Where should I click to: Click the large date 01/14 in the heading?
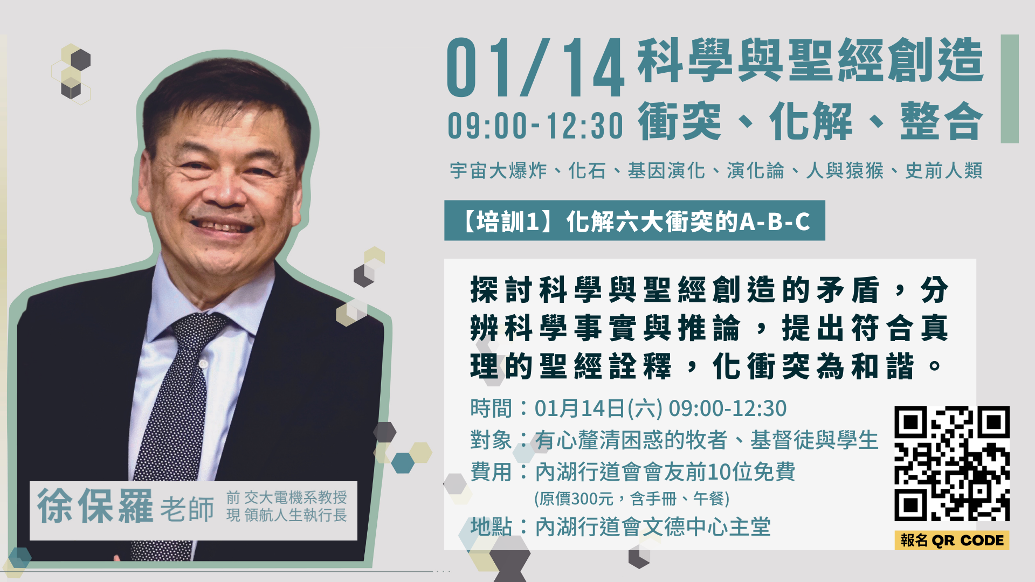click(x=535, y=68)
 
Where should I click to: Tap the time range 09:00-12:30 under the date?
click(x=535, y=125)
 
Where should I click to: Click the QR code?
click(x=952, y=463)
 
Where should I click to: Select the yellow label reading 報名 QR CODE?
click(x=952, y=540)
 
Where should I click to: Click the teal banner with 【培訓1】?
click(x=634, y=220)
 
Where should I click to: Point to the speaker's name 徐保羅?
click(x=95, y=507)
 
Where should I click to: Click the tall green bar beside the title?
click(x=1010, y=89)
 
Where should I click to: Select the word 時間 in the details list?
click(x=491, y=408)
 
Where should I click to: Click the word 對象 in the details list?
click(x=491, y=440)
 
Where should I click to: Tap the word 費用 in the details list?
click(x=491, y=472)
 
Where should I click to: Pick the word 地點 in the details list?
click(x=491, y=526)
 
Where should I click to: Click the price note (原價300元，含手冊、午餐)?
click(x=632, y=498)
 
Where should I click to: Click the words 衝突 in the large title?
click(x=680, y=121)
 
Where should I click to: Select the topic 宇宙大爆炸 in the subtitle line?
click(x=499, y=171)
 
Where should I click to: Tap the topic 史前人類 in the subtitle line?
click(x=944, y=171)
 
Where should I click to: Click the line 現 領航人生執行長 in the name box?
click(x=287, y=515)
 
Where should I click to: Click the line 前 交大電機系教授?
click(x=287, y=497)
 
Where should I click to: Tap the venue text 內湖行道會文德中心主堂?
click(x=653, y=526)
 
